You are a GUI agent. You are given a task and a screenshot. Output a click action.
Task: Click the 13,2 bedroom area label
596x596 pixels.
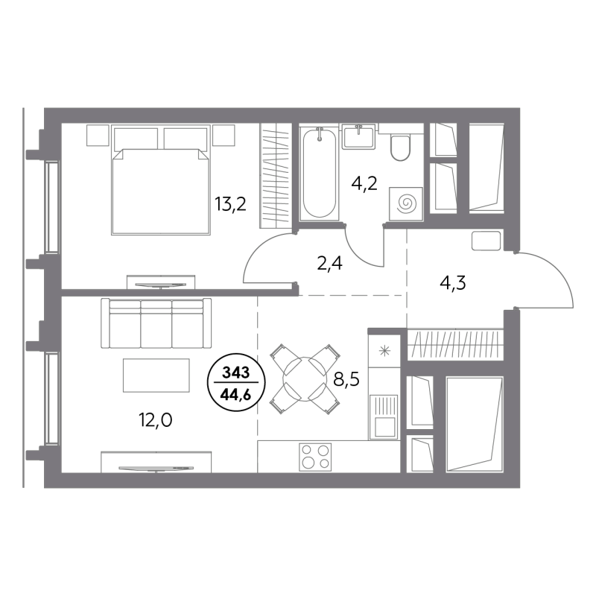pyautogui.click(x=231, y=204)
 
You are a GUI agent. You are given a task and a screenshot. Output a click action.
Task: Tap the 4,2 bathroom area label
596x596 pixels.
pyautogui.click(x=364, y=184)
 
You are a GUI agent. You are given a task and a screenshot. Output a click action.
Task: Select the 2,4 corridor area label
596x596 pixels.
pyautogui.click(x=329, y=263)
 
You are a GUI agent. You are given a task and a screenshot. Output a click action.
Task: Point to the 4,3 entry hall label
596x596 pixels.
pyautogui.click(x=453, y=283)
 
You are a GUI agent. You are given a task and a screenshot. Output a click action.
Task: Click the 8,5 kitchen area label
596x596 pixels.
pyautogui.click(x=346, y=379)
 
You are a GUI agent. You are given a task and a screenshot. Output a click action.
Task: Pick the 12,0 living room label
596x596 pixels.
pyautogui.click(x=155, y=420)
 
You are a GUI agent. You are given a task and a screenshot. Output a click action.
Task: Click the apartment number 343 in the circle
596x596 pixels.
pyautogui.click(x=235, y=373)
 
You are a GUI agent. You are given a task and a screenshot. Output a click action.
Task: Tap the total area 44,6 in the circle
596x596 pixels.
pyautogui.click(x=235, y=396)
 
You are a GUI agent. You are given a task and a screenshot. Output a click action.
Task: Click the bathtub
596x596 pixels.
pyautogui.click(x=320, y=174)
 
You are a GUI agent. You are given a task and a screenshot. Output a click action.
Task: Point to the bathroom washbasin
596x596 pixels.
pyautogui.click(x=358, y=136)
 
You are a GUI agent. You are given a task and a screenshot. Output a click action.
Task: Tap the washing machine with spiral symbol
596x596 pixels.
pyautogui.click(x=406, y=204)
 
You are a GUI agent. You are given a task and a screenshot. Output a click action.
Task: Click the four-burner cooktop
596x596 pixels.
pyautogui.click(x=315, y=457)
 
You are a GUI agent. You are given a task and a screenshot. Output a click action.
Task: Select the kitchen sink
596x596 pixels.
pyautogui.click(x=384, y=416)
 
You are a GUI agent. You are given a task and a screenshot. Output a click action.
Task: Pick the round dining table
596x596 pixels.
pyautogui.click(x=305, y=379)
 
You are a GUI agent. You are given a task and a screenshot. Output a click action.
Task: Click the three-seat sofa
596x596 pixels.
pyautogui.click(x=156, y=323)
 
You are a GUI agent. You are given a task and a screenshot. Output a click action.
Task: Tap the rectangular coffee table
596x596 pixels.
pyautogui.click(x=156, y=375)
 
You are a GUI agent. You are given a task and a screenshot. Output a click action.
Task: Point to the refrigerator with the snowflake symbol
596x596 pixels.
pyautogui.click(x=384, y=351)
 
